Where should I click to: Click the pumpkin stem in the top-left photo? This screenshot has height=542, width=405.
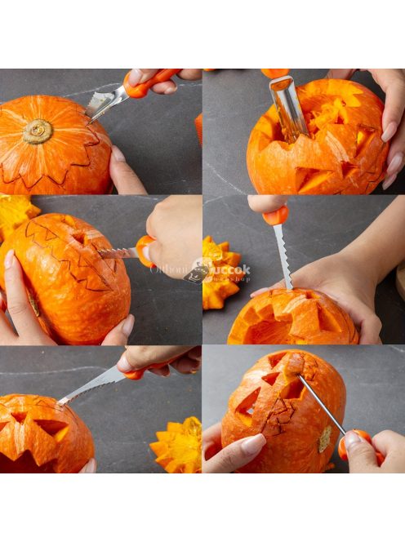[x=38, y=131]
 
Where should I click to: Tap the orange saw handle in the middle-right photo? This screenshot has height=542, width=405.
[x=275, y=215]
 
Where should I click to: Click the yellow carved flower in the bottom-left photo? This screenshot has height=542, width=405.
[x=177, y=446]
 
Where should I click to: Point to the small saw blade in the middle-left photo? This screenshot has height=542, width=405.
[x=118, y=253]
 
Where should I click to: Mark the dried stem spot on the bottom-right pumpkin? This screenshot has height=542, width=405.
[x=325, y=438]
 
